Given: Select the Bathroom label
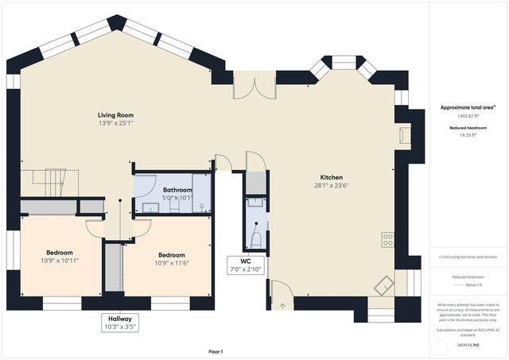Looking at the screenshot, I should coord(177,190).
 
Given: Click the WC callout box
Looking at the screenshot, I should coord(244,265).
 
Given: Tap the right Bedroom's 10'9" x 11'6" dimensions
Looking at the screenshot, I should coord(171,263).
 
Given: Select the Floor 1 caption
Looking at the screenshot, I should coord(216,351).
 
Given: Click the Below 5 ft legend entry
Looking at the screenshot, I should coord(468,285).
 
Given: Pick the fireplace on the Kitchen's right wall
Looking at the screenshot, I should coord(406,135).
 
